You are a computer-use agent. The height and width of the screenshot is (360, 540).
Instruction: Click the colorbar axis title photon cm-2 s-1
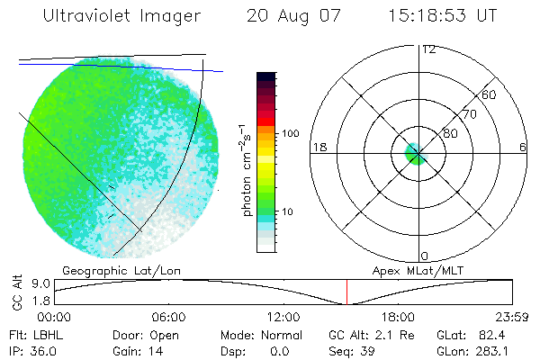click(246, 170)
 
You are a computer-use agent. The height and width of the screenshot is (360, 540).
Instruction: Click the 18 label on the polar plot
click(318, 147)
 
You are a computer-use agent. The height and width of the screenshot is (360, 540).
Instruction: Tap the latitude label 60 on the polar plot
click(490, 94)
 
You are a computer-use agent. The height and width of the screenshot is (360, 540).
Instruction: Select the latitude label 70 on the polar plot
click(468, 115)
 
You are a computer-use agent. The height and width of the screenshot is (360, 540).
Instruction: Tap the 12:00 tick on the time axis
click(283, 317)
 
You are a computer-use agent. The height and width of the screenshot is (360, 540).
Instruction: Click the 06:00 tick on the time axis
click(168, 317)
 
